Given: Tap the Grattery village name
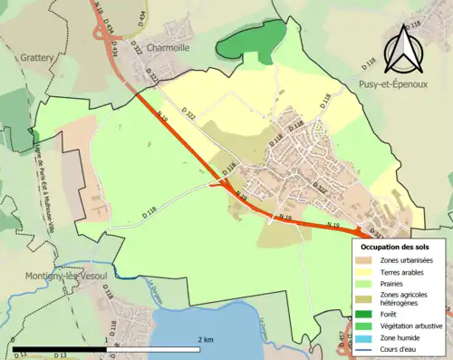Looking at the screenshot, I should click(x=33, y=57).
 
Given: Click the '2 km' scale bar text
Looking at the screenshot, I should click(x=206, y=338).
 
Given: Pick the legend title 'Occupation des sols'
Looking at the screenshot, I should click(x=397, y=247).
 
